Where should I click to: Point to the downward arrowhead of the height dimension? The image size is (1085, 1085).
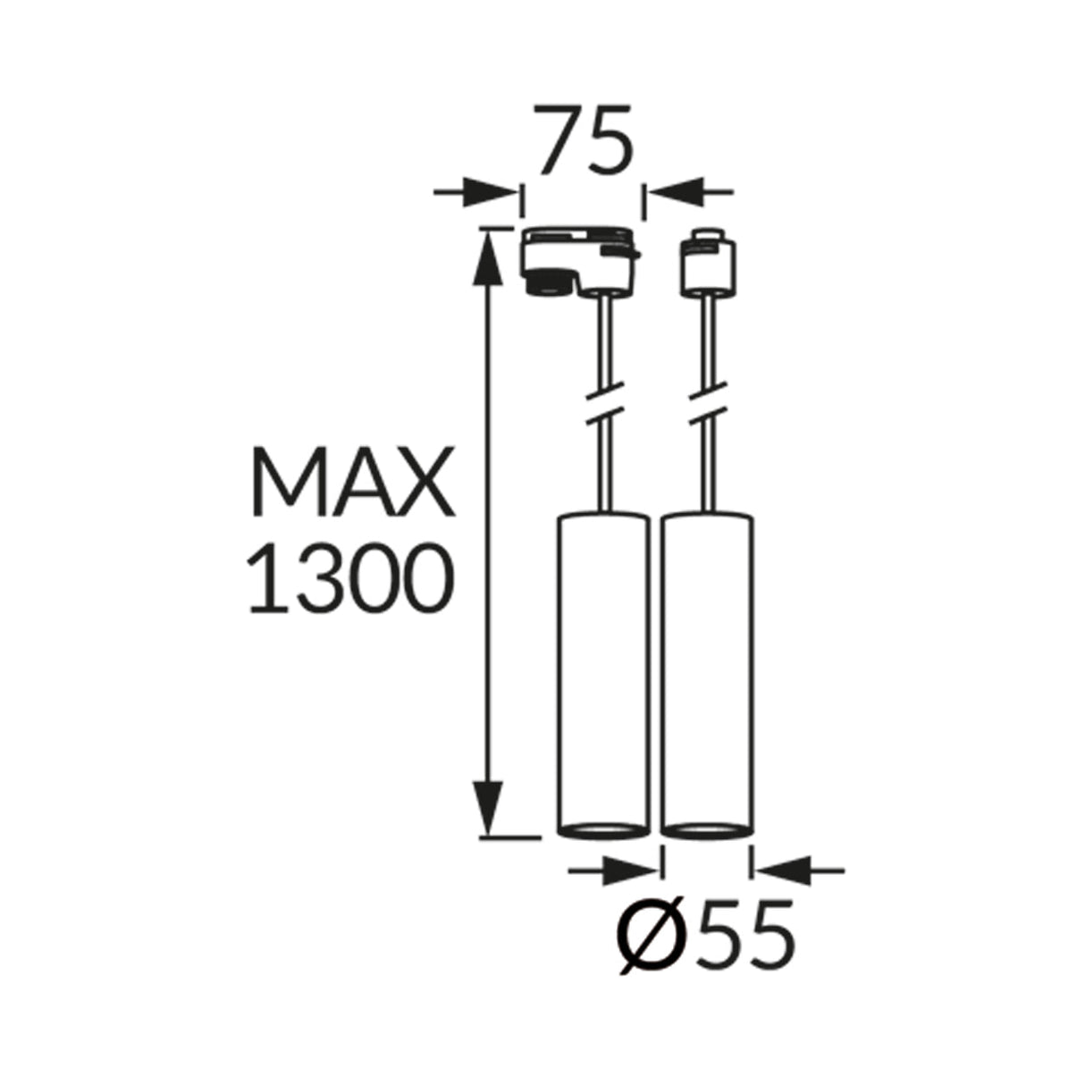pos(487,810)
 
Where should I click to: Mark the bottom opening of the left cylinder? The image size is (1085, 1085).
pos(602,829)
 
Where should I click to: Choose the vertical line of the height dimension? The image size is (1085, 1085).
pos(487,536)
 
